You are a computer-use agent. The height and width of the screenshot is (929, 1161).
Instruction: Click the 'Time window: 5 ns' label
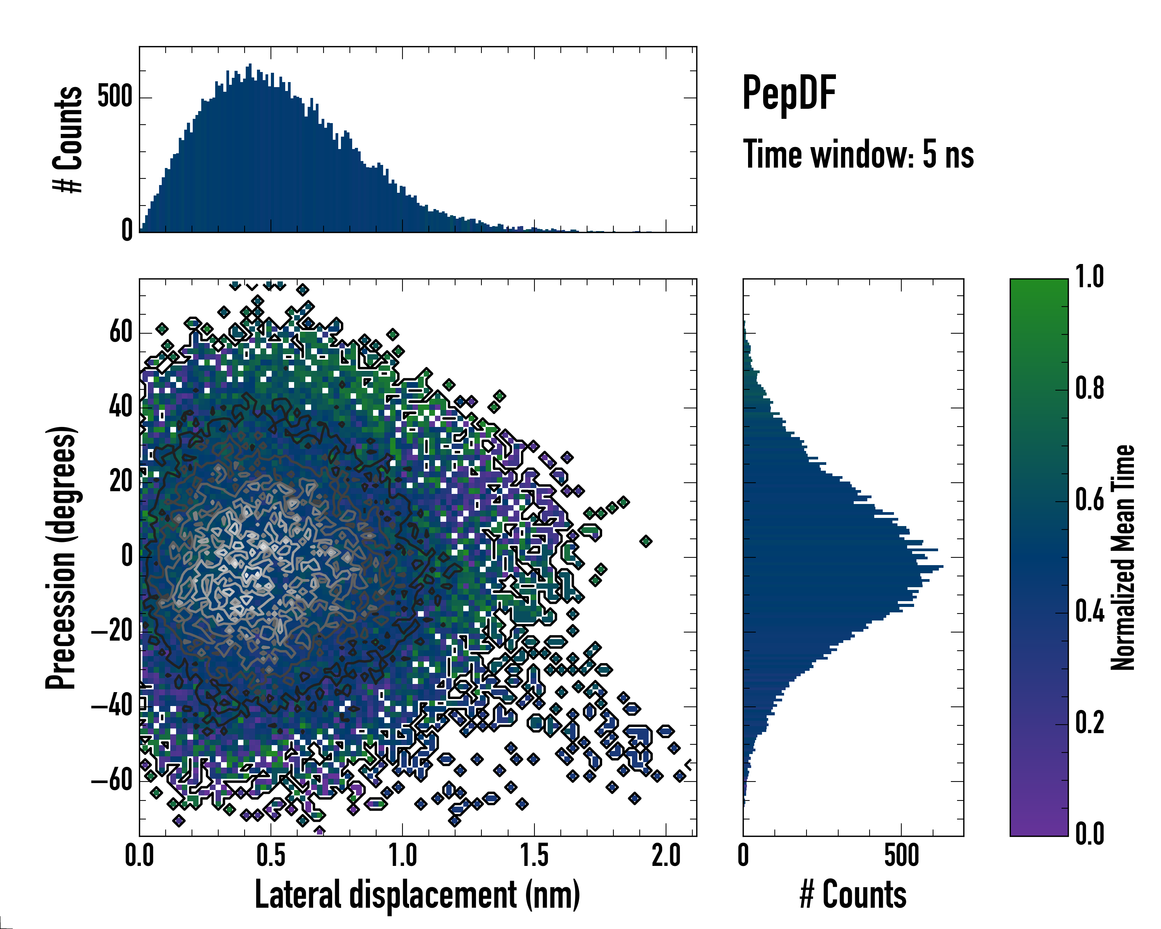point(858,154)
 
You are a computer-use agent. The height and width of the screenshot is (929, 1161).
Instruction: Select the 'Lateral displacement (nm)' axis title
point(417,895)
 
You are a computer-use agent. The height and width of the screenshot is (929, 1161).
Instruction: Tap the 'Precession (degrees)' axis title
point(61,557)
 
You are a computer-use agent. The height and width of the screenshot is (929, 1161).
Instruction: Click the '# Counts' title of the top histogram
point(68,139)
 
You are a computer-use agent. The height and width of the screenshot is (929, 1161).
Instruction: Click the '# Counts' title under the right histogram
point(853,895)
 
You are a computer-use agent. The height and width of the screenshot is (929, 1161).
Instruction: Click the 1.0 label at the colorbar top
point(1089,278)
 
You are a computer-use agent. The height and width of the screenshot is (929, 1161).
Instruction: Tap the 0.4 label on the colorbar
point(1089,613)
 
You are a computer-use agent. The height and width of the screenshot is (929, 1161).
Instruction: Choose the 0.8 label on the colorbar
point(1089,389)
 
